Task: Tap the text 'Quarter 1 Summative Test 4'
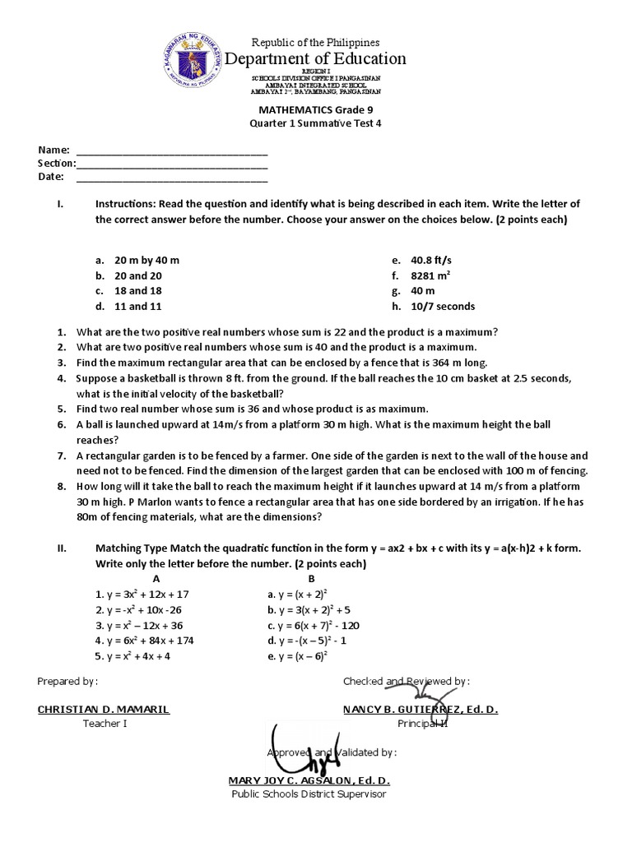coord(316,123)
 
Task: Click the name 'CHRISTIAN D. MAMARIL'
coord(104,709)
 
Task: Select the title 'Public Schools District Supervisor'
coord(309,793)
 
